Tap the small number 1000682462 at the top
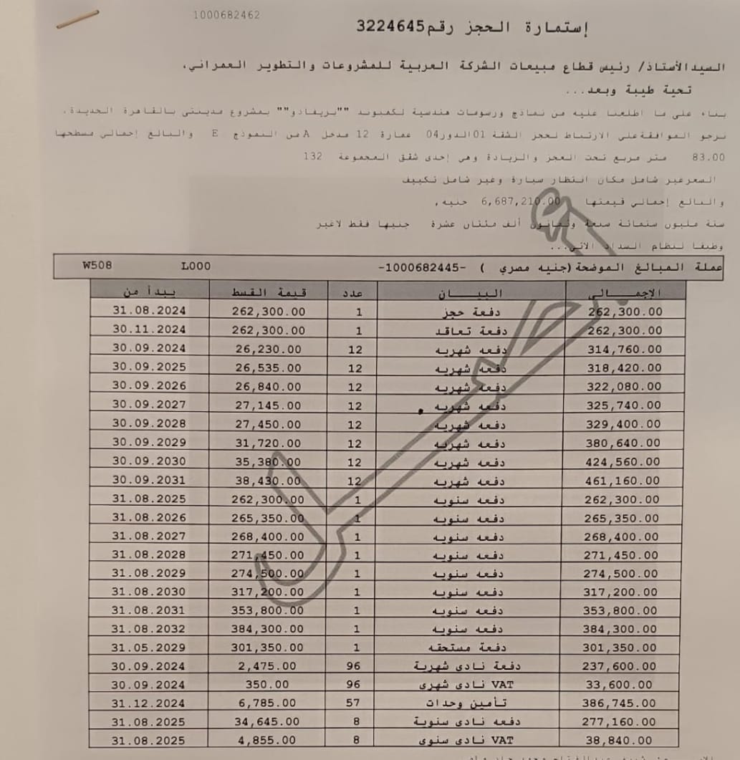[226, 15]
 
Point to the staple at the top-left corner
[77, 20]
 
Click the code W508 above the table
[97, 265]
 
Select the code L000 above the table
[196, 266]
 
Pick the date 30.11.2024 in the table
[149, 330]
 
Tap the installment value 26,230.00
[269, 349]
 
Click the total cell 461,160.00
[625, 480]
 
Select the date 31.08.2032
[149, 628]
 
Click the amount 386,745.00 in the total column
[621, 703]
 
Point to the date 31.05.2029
[149, 647]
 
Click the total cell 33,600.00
[621, 685]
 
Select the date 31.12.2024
[149, 703]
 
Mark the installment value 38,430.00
[269, 480]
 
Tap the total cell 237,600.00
[621, 665]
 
